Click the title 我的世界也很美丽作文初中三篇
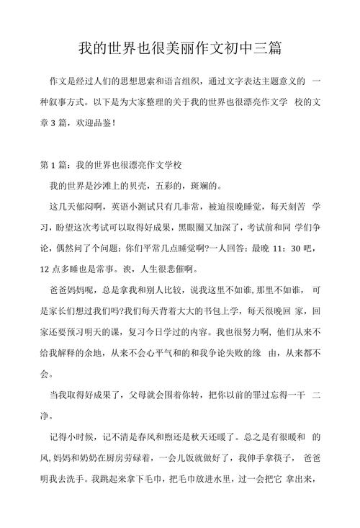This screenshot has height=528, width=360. (x=179, y=49)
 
